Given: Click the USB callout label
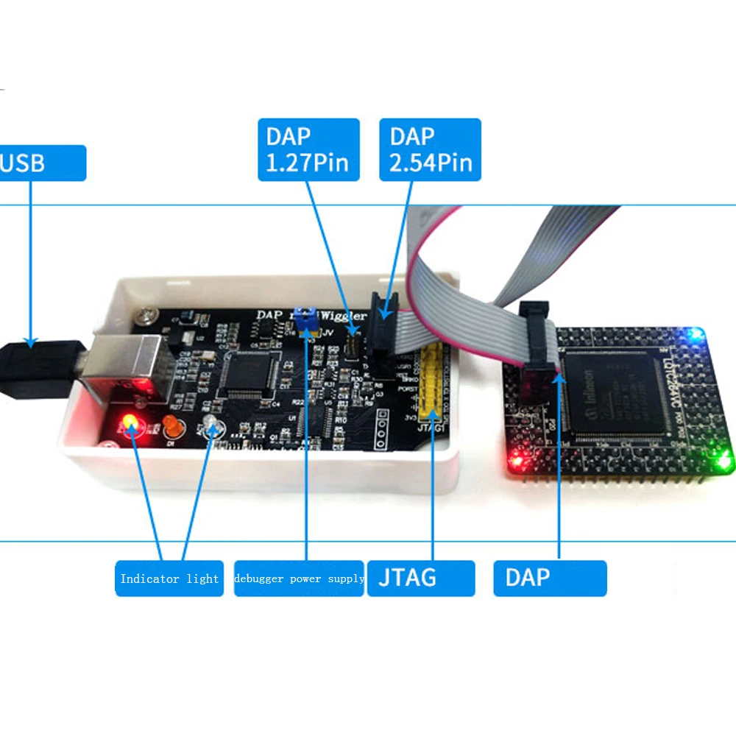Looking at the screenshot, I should (40, 163).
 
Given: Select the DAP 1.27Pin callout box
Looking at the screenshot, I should (308, 149).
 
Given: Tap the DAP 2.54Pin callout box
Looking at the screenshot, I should (430, 149).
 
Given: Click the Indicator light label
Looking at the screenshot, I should (169, 578).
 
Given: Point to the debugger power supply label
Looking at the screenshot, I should (299, 578).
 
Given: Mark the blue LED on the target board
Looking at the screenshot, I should (693, 336).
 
